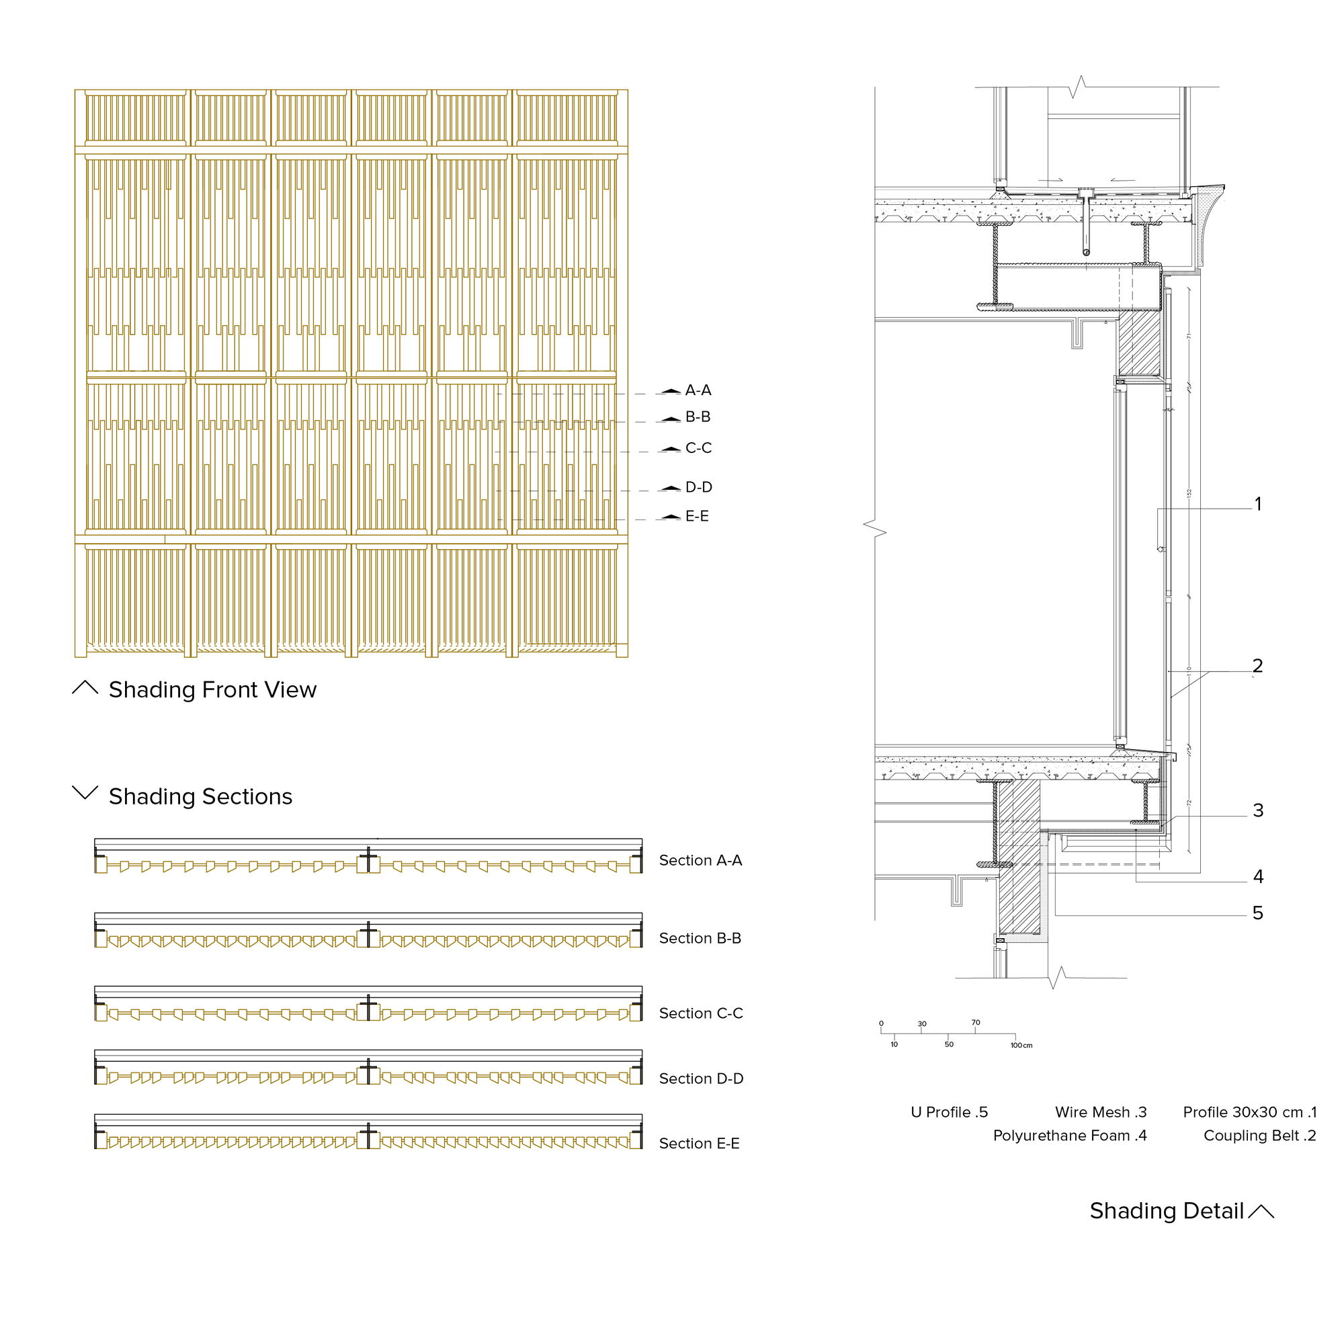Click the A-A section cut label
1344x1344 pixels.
click(698, 390)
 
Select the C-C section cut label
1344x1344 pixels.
click(698, 448)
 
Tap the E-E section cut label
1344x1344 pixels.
click(697, 516)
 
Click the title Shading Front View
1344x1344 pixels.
click(212, 689)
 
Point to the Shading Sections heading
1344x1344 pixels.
click(200, 796)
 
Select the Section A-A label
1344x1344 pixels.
click(700, 861)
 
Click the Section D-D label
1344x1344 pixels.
click(701, 1079)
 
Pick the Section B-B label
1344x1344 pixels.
click(700, 938)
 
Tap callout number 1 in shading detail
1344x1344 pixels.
click(1258, 503)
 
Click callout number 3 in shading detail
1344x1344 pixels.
click(1258, 810)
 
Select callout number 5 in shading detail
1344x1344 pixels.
click(1258, 913)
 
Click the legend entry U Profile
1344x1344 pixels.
click(949, 1112)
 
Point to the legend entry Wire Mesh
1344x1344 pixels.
click(1101, 1112)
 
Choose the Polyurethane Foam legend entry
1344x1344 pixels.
click(1070, 1136)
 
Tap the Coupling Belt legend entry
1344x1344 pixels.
click(1260, 1136)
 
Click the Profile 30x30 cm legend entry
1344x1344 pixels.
click(1250, 1112)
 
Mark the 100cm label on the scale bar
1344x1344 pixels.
click(1021, 1046)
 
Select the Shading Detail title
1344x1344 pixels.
click(1167, 1211)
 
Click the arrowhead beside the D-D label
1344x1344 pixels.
click(671, 489)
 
